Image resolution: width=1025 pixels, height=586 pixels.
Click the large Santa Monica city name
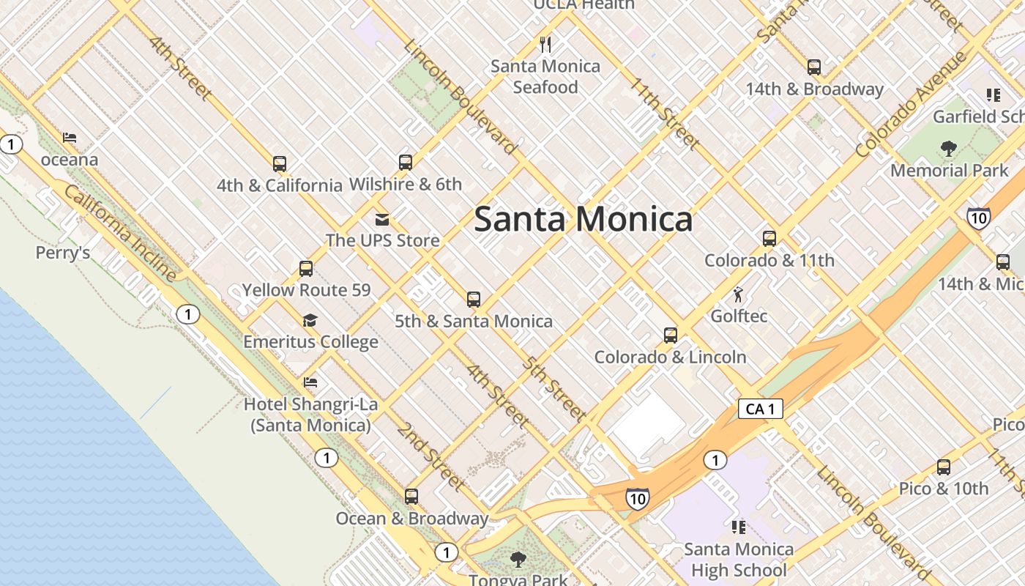[x=583, y=219]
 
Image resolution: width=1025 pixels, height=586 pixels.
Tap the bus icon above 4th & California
[x=280, y=163]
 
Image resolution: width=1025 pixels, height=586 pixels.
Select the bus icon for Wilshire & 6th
[x=406, y=162]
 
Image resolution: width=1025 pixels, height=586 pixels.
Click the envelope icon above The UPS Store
[x=381, y=219]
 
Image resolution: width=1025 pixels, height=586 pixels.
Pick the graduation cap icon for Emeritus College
[x=310, y=320]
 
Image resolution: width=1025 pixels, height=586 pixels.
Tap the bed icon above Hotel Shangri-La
[x=310, y=382]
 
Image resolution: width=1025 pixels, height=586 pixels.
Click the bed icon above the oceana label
[x=70, y=138]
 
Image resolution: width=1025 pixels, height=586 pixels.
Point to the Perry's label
[x=63, y=253]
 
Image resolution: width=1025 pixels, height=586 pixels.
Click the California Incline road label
[x=120, y=233]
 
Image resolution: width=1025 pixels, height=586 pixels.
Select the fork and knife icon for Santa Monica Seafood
[x=545, y=45]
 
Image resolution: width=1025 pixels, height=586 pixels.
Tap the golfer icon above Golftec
[x=738, y=295]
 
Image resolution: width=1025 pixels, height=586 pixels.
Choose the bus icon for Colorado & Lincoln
[x=670, y=335]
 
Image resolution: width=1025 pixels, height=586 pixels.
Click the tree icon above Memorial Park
[x=949, y=149]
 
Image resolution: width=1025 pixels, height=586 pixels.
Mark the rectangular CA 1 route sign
[x=760, y=409]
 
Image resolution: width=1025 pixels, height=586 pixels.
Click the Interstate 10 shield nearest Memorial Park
[x=979, y=218]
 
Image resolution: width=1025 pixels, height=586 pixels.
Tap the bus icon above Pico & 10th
[x=944, y=467]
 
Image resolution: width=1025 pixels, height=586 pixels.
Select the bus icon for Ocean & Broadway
[x=411, y=497]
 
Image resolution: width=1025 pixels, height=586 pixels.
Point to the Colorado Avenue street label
[x=911, y=104]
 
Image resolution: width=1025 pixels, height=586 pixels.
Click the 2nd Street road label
[x=430, y=456]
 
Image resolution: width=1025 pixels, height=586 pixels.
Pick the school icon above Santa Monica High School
[x=739, y=527]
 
